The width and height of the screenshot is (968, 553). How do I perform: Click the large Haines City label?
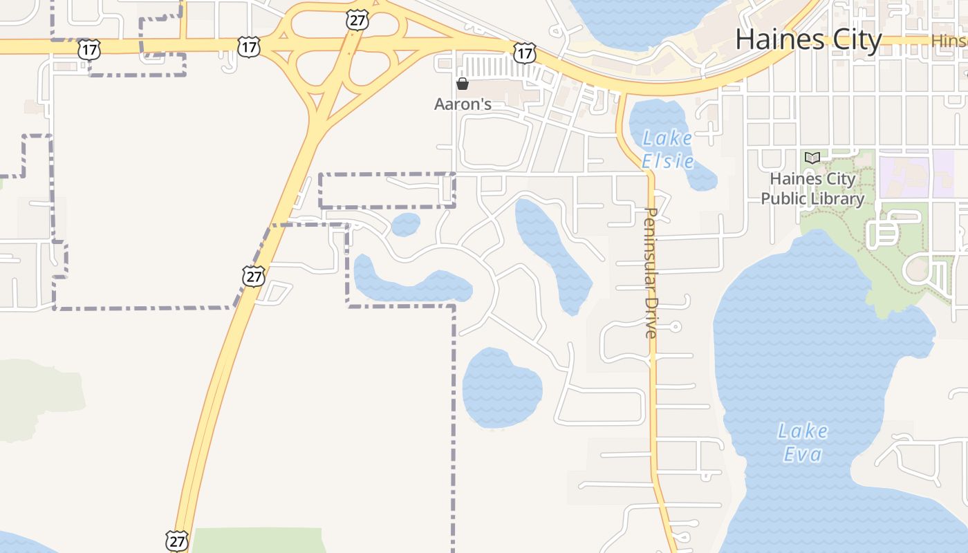pos(808,39)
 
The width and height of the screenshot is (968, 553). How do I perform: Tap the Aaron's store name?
pos(463,104)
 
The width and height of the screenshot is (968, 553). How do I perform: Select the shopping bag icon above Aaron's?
pos(463,84)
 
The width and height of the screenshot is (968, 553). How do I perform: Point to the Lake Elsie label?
pos(667,149)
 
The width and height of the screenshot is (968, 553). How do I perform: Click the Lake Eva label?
pos(803,442)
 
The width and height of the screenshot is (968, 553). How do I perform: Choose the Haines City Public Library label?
pos(812,189)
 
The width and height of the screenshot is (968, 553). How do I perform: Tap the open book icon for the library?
pos(812,158)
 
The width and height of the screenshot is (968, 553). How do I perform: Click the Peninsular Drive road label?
pos(651,272)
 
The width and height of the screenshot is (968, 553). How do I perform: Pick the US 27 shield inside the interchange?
pos(357,21)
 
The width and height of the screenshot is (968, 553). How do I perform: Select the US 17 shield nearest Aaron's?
pos(525,52)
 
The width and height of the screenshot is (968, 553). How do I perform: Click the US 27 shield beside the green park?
pos(178,540)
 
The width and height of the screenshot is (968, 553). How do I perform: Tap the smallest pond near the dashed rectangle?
pos(405,225)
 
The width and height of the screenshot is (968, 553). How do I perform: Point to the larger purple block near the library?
pos(904,176)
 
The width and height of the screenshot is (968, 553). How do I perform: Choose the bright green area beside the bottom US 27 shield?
pos(256,540)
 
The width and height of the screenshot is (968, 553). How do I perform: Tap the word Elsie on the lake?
pos(667,162)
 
